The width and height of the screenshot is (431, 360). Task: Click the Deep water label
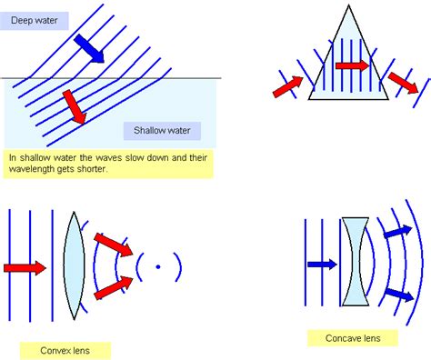[x=35, y=21]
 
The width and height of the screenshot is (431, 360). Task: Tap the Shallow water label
[x=162, y=131]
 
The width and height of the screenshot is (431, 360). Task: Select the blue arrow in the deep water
[x=89, y=48]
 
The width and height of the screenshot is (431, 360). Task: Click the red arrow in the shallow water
[x=75, y=107]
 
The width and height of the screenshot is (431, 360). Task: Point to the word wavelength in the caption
[x=32, y=169]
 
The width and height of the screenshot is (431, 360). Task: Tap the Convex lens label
[x=65, y=351]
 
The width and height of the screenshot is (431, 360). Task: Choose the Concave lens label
[x=353, y=338]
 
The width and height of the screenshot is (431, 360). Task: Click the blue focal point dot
[x=158, y=267]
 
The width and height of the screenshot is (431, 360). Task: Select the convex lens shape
[x=74, y=265]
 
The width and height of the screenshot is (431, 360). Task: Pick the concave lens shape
[x=356, y=261]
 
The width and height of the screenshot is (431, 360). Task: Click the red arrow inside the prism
[x=353, y=65]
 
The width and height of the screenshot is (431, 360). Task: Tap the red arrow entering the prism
[x=288, y=86]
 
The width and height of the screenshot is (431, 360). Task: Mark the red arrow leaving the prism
[x=404, y=83]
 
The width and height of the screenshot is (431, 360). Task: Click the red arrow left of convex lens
[x=25, y=268]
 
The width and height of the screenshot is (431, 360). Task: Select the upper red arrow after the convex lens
[x=114, y=245]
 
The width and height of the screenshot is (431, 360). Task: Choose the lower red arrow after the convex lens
[x=114, y=288]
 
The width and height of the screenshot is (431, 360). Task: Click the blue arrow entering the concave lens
[x=322, y=265]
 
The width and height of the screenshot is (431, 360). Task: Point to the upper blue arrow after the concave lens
[x=398, y=232]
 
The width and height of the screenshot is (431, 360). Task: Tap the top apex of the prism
[x=349, y=5]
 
